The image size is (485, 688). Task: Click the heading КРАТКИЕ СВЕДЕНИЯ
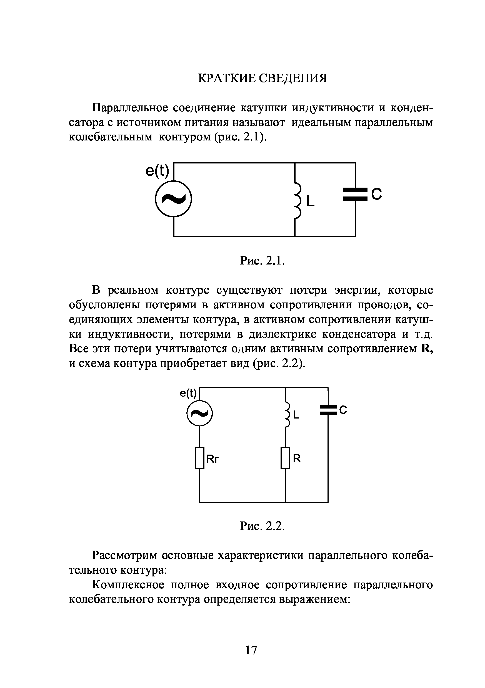pyautogui.click(x=262, y=79)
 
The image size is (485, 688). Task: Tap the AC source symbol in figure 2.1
pyautogui.click(x=173, y=199)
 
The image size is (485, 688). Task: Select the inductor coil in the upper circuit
pyautogui.click(x=297, y=200)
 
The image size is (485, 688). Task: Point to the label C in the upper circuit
pyautogui.click(x=377, y=194)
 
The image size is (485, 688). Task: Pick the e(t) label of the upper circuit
pyautogui.click(x=157, y=171)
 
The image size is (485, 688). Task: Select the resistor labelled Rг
pyautogui.click(x=200, y=458)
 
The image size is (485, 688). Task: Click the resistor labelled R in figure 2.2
pyautogui.click(x=285, y=458)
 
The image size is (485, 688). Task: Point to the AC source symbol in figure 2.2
pyautogui.click(x=199, y=414)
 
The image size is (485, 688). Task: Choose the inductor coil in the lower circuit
pyautogui.click(x=287, y=415)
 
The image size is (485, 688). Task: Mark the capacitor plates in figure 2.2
pyautogui.click(x=328, y=410)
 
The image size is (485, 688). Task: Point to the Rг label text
pyautogui.click(x=213, y=459)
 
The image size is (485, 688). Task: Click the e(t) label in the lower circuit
pyautogui.click(x=188, y=393)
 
